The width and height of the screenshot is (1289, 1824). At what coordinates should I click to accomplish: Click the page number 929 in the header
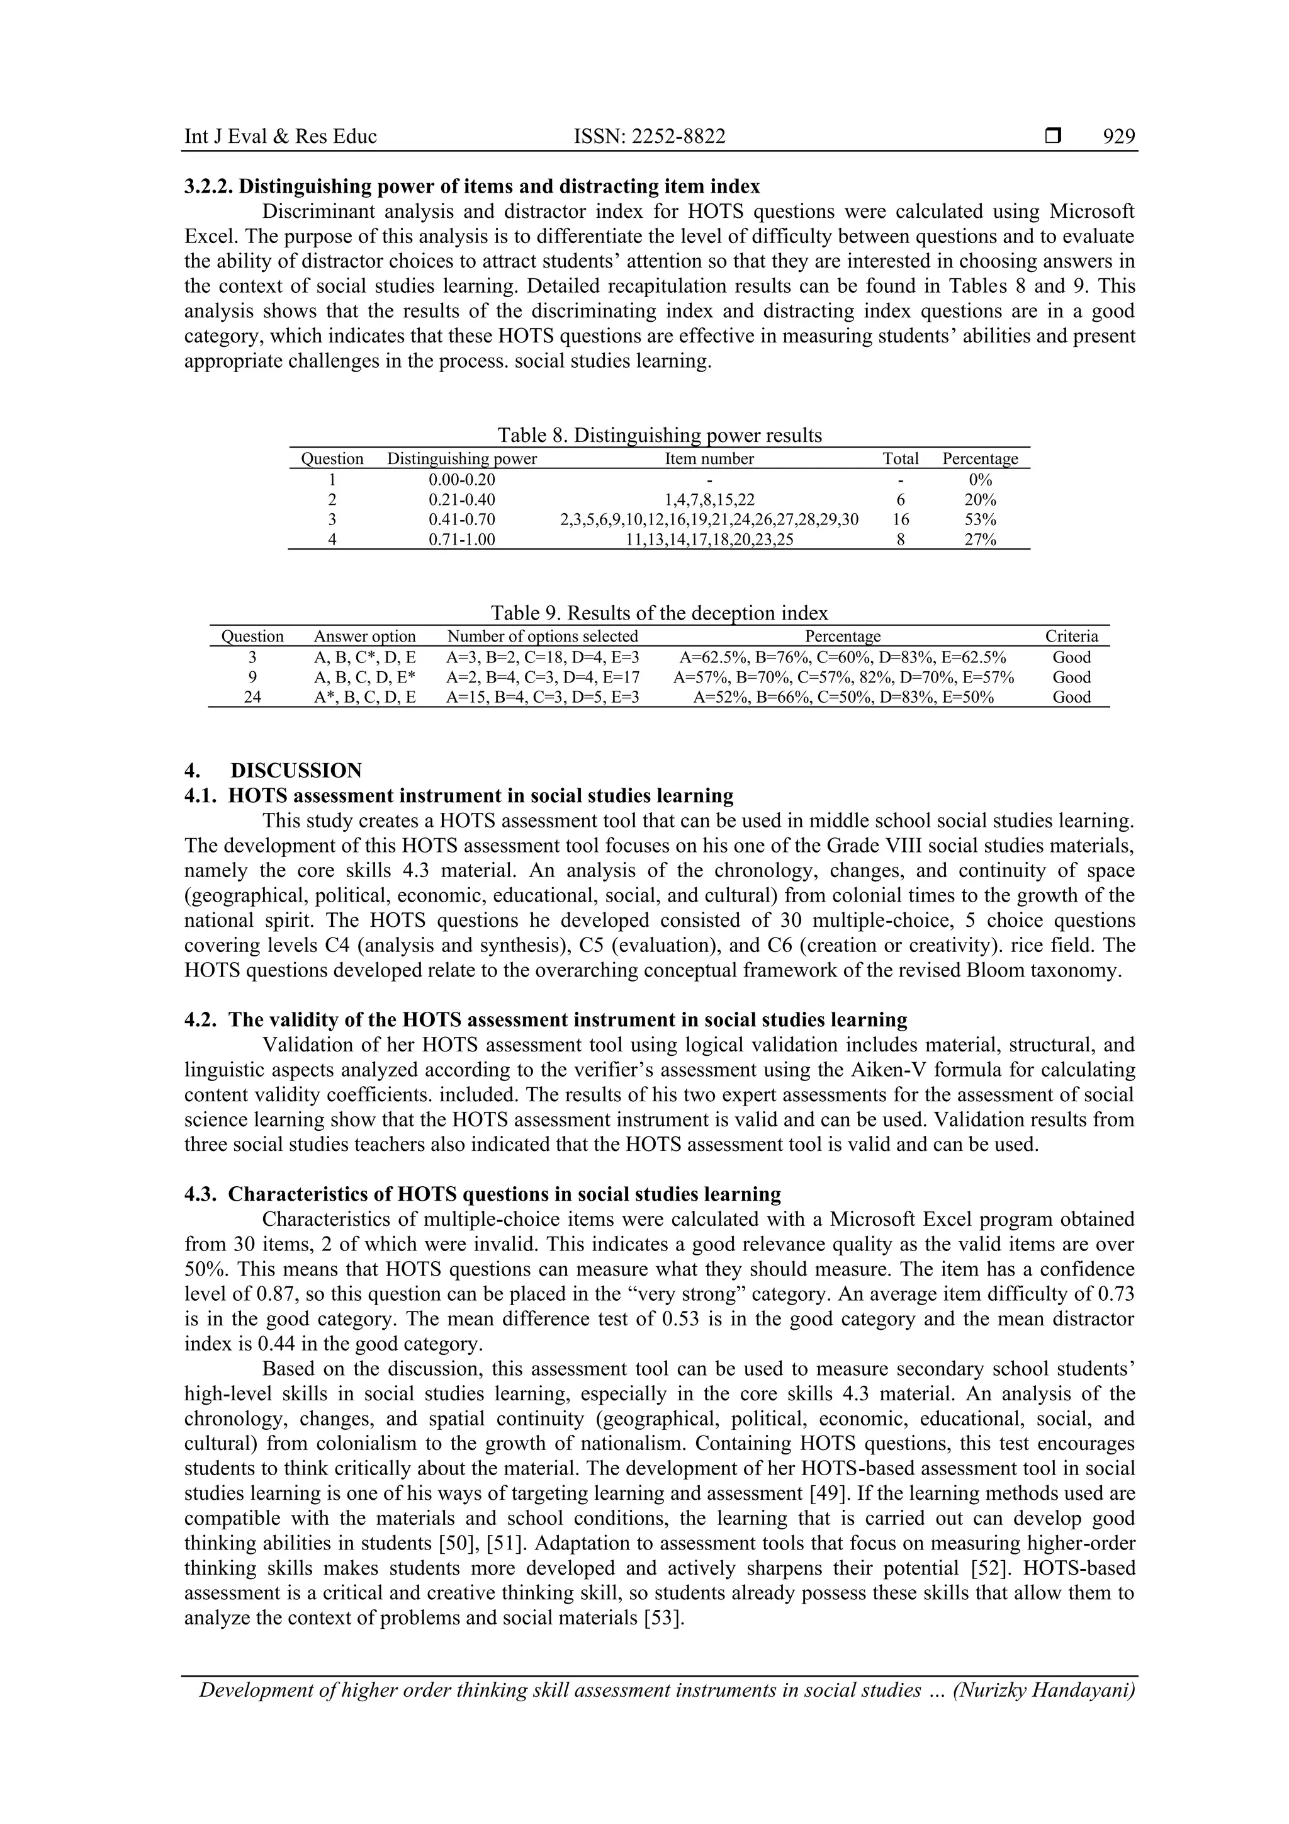[x=1118, y=137]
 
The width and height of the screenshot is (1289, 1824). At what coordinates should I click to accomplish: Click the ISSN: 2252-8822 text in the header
[x=649, y=137]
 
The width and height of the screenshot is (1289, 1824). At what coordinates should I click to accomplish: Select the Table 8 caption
[x=659, y=434]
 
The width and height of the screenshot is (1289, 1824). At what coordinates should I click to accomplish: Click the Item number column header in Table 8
[x=709, y=458]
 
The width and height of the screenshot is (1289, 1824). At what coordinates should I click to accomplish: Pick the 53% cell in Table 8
[x=979, y=519]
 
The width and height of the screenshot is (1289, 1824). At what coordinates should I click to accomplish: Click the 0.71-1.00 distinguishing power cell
[x=461, y=540]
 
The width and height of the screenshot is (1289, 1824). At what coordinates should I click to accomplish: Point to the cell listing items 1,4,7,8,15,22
[x=709, y=500]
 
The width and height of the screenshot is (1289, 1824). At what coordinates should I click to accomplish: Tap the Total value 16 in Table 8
[x=900, y=519]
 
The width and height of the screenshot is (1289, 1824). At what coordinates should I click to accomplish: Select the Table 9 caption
[x=659, y=613]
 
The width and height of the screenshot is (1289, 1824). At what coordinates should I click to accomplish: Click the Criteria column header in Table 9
[x=1071, y=637]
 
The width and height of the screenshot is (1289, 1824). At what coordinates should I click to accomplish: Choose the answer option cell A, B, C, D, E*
[x=364, y=677]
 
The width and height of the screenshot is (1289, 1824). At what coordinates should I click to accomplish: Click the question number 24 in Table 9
[x=252, y=697]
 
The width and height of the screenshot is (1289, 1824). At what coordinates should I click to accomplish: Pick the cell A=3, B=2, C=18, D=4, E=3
[x=543, y=657]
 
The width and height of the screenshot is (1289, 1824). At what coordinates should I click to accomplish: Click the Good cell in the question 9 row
[x=1071, y=677]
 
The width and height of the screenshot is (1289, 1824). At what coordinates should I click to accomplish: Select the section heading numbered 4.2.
[x=545, y=1019]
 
